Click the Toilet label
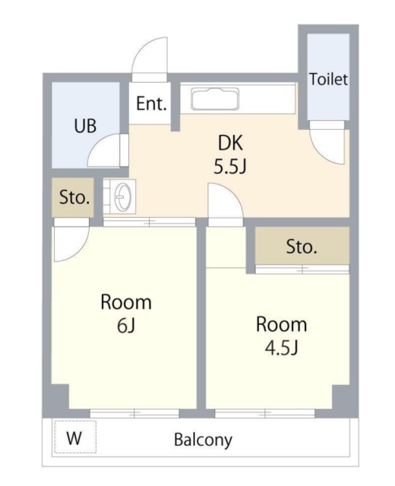coord(328,79)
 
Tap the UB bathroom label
coord(85,126)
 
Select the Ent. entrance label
coord(151,103)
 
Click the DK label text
coord(230,144)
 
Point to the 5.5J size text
coord(230,167)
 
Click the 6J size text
coord(126,326)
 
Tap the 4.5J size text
coord(281,348)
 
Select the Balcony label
coord(203,440)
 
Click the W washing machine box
coord(75,437)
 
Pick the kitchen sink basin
coord(215,99)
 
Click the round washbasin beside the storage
coord(123,197)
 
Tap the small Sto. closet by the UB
coord(73,197)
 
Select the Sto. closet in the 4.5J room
coord(302,246)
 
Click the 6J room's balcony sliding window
coord(134,413)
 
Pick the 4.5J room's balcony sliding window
coord(265,413)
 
